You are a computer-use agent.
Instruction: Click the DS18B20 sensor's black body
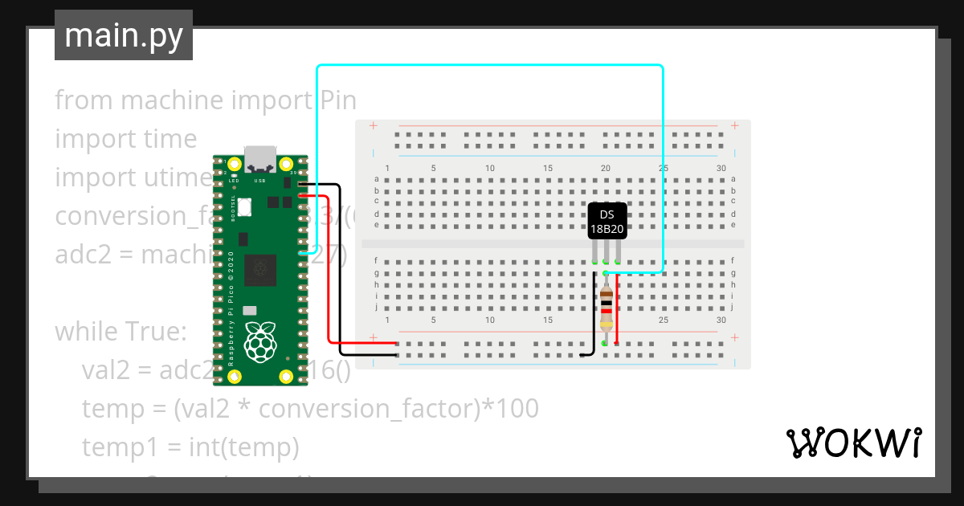tap(607, 222)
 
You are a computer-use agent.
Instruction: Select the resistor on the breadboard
tap(607, 309)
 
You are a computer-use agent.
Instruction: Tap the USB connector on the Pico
tap(259, 158)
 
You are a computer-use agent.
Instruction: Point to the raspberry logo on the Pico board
tap(259, 341)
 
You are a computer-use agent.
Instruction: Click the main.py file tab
tap(124, 35)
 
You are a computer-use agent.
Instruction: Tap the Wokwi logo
tap(852, 443)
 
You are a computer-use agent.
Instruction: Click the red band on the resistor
tap(607, 311)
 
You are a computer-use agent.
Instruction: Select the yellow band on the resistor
tap(607, 324)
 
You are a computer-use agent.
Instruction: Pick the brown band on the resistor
tap(607, 296)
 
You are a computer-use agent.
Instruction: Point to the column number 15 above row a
tap(548, 168)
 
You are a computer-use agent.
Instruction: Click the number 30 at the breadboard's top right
tap(721, 168)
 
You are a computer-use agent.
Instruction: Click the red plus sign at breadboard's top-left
tap(373, 126)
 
